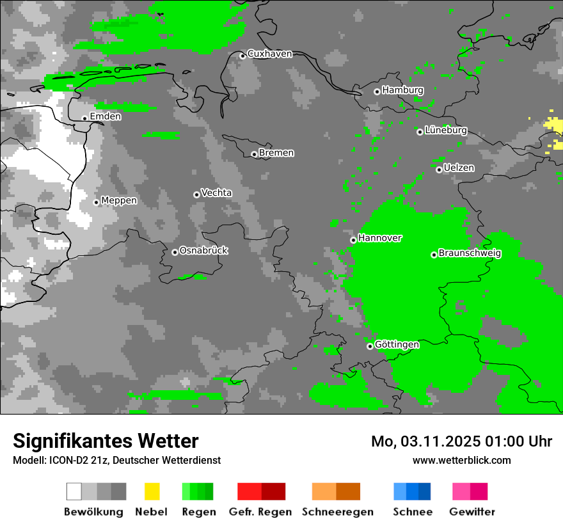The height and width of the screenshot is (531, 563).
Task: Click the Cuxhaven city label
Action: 269,54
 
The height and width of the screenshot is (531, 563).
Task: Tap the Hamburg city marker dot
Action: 377,91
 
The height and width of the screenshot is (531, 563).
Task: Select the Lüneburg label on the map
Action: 446,131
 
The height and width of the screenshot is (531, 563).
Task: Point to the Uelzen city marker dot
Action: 439,170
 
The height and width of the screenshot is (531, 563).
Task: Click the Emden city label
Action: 106,116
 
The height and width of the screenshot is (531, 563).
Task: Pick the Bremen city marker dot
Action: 254,154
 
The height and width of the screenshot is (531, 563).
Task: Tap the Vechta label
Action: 217,193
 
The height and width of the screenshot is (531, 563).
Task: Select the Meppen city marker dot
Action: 97,202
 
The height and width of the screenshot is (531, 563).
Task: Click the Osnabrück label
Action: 204,251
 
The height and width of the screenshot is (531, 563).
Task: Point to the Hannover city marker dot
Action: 353,240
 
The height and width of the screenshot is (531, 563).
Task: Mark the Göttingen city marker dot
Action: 370,346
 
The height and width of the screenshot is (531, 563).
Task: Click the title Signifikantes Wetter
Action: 106,441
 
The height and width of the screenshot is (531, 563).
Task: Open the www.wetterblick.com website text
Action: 461,460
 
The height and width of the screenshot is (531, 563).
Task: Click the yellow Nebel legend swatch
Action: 152,491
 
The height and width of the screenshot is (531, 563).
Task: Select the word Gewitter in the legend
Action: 472,512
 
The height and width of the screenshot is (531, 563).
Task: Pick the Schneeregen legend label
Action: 337,512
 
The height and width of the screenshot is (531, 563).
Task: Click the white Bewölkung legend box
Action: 74,491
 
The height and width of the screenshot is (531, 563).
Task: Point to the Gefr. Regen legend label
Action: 260,512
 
